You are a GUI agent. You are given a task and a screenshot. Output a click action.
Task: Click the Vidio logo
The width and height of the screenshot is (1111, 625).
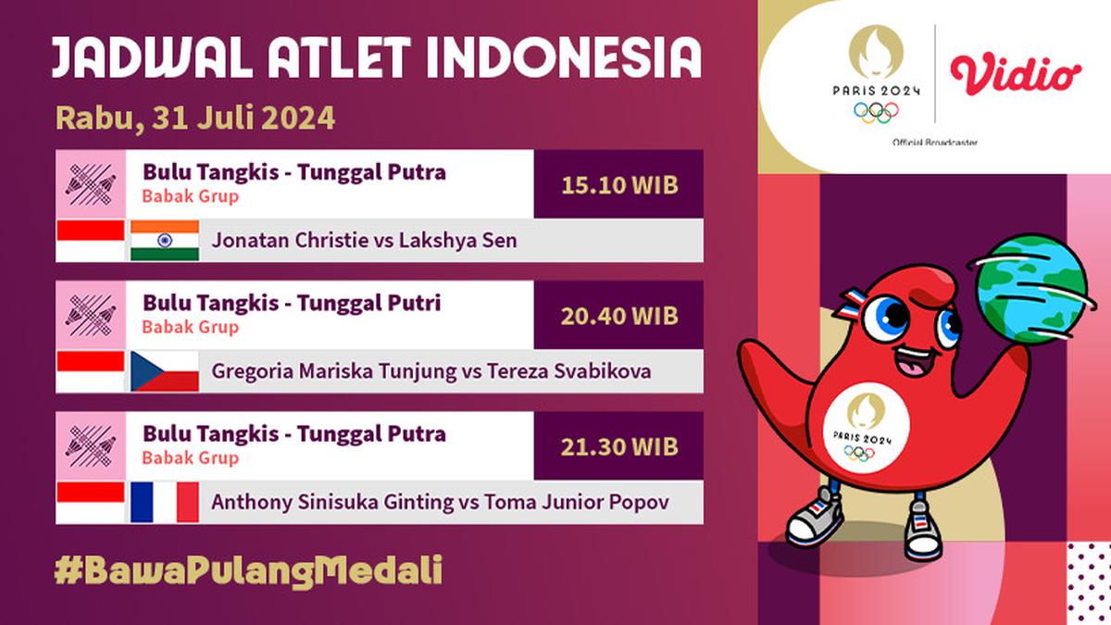pos(1016,75)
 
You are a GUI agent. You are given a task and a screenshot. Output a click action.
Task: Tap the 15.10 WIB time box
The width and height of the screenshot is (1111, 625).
pos(618,184)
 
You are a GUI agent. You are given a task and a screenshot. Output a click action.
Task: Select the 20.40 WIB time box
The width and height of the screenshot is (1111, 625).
pos(618,316)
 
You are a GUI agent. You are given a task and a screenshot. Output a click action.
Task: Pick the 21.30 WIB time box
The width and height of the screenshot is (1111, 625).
pos(618,446)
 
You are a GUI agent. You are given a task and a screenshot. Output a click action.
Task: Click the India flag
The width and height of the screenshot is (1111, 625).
pos(165,241)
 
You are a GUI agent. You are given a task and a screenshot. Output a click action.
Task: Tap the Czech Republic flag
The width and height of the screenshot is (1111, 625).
pos(165,371)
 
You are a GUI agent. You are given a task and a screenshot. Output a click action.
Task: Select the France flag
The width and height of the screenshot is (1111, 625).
pos(165,502)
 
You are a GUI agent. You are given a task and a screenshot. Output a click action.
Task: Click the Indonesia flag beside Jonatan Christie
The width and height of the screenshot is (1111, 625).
pos(91,241)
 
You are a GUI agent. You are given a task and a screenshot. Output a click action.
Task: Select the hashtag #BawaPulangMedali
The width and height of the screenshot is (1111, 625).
pos(248,569)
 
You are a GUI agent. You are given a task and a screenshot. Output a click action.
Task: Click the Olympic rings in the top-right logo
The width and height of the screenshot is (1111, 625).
pos(876,112)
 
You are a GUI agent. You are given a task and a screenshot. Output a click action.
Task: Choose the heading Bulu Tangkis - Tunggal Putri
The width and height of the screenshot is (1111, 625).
pos(292,303)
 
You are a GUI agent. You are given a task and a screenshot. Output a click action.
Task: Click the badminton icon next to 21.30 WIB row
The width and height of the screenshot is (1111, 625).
pos(91,445)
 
